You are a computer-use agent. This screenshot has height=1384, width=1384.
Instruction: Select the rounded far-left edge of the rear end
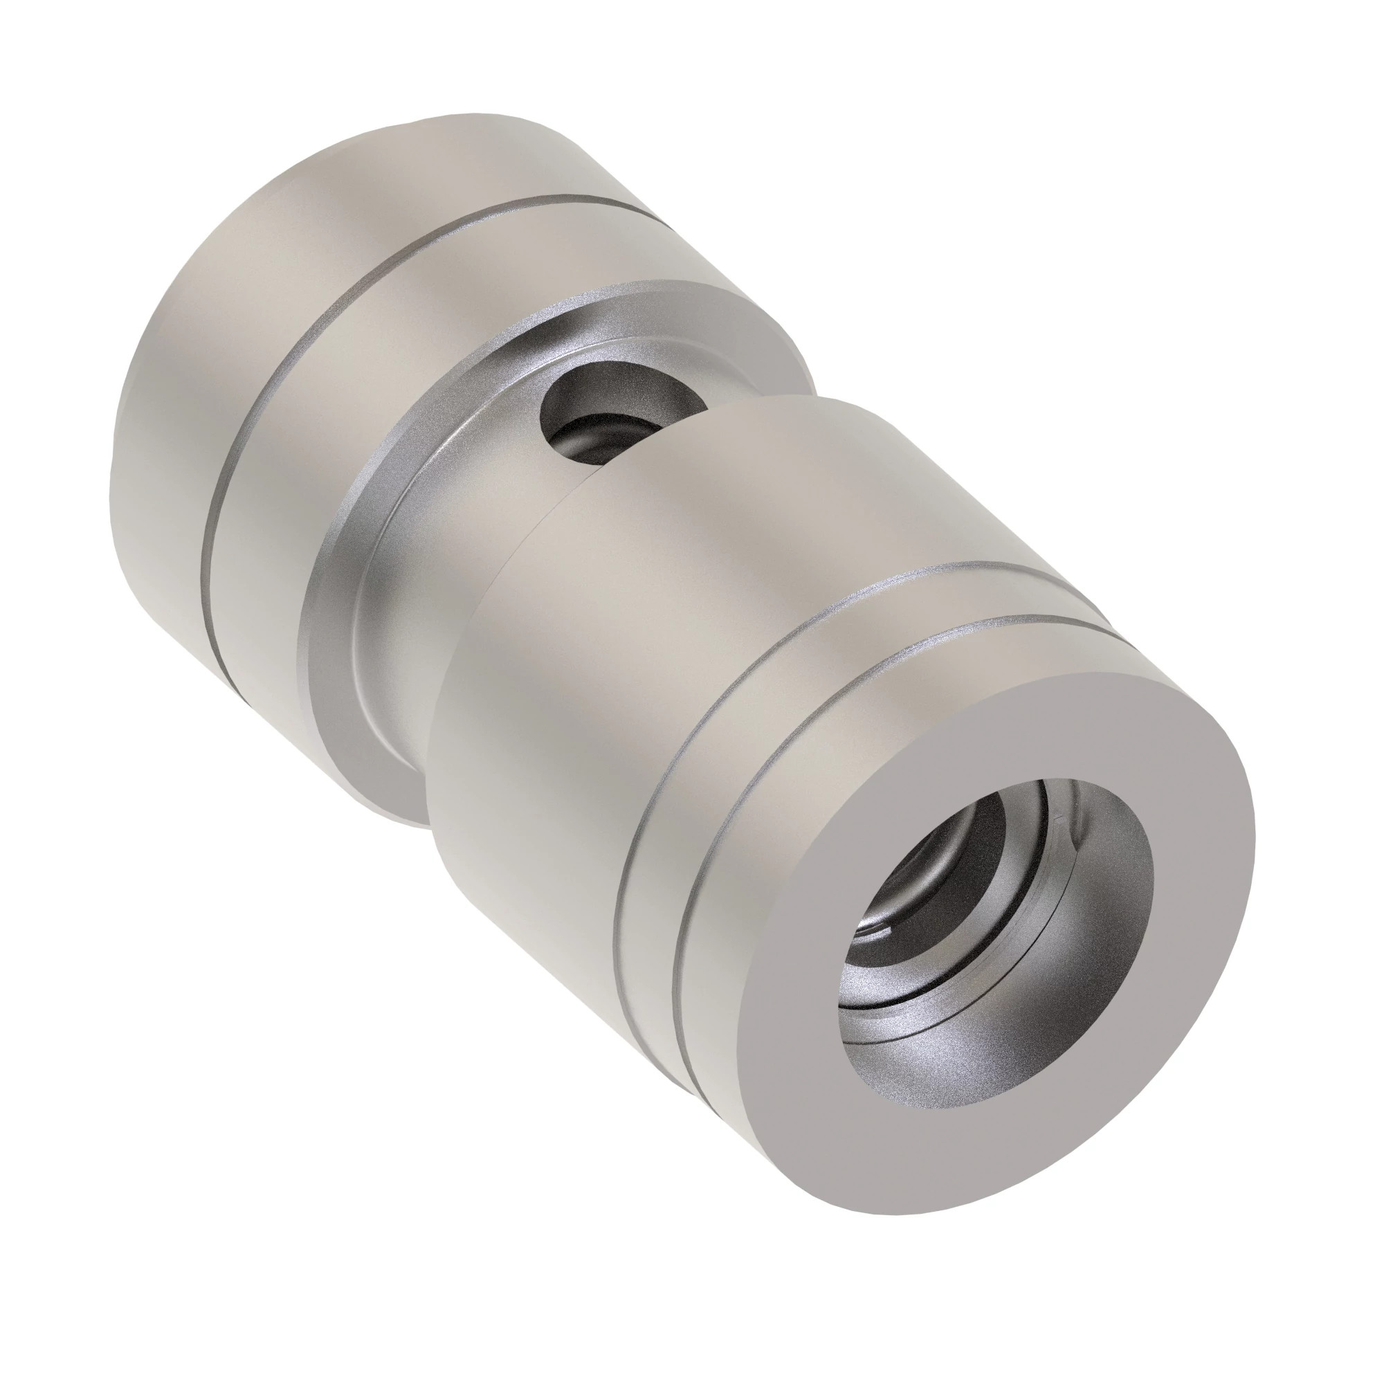pyautogui.click(x=118, y=444)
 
